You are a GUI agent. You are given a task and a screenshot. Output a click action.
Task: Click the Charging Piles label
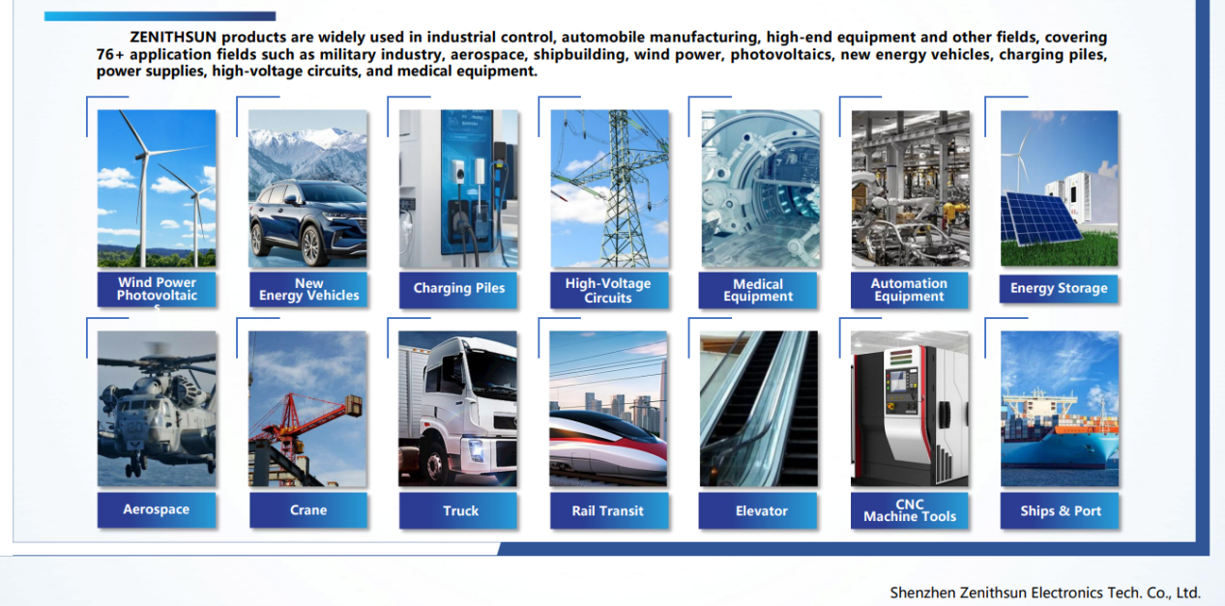[458, 289]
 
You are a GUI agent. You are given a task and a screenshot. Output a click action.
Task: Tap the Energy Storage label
[1059, 289]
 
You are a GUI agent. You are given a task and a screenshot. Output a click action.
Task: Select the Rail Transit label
[608, 511]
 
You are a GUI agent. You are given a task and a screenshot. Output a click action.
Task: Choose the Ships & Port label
[1060, 511]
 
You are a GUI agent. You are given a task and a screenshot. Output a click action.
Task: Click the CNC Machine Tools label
[910, 511]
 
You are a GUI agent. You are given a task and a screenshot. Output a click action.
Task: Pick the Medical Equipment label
[758, 290]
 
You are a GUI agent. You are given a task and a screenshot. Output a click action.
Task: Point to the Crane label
[308, 510]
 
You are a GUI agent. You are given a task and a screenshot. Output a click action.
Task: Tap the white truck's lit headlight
[475, 451]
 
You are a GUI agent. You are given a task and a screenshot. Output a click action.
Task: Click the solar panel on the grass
[1039, 218]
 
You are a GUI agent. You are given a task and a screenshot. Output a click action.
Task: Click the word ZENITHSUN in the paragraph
[173, 37]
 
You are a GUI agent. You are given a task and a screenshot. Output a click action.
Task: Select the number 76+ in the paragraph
[110, 55]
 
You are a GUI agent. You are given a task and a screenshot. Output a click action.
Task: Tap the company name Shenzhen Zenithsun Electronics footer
[1045, 592]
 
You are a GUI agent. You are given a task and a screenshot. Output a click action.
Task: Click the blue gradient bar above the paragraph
[160, 16]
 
